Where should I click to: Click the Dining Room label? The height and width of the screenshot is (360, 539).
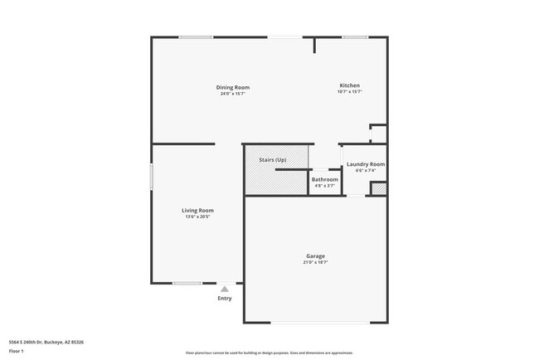(233, 87)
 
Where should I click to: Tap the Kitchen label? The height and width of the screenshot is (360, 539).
(349, 85)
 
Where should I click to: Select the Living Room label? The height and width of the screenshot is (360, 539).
(197, 210)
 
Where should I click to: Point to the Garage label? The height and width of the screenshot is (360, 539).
(314, 256)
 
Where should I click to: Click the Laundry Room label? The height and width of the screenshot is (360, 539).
(365, 164)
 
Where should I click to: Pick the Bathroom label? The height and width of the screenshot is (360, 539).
(324, 179)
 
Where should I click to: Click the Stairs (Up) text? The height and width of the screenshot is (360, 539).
(273, 159)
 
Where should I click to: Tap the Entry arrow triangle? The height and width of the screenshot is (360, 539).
(224, 289)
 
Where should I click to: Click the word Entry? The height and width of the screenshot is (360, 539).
(225, 299)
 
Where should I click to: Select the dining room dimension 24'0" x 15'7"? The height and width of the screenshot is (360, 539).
(233, 94)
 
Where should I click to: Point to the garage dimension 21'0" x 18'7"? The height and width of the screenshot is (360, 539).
(315, 263)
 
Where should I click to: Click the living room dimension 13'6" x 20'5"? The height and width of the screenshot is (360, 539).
(197, 216)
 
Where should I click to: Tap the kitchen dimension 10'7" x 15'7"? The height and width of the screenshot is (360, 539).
(349, 92)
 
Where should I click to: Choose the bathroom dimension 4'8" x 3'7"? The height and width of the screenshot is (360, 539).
(324, 186)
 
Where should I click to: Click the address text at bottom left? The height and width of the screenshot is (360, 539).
(46, 342)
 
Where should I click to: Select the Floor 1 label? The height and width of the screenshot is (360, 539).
(17, 351)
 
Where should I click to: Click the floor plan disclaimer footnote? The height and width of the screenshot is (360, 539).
(269, 353)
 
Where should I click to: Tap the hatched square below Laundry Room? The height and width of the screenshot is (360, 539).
(378, 188)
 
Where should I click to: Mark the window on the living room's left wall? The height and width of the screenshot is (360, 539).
(151, 179)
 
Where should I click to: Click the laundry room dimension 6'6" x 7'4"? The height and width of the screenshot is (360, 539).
(365, 171)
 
